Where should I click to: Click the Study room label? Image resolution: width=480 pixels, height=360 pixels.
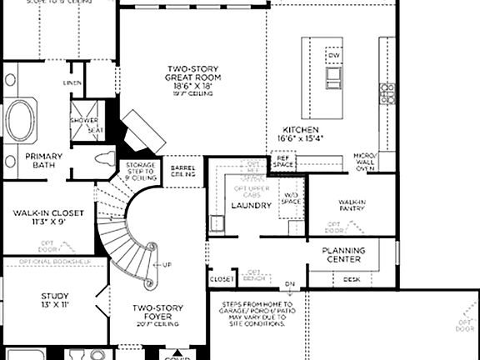pos(55,300)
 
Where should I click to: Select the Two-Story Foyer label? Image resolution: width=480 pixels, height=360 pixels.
pos(157,312)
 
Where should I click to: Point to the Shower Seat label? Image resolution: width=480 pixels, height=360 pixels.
pos(88,125)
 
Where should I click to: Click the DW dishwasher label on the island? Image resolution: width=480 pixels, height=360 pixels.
pos(334,55)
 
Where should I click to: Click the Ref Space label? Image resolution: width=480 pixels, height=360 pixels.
pos(283,162)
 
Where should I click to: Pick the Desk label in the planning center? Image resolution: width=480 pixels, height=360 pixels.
pos(352,279)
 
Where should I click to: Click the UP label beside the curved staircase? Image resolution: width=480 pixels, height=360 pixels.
pos(167,265)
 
